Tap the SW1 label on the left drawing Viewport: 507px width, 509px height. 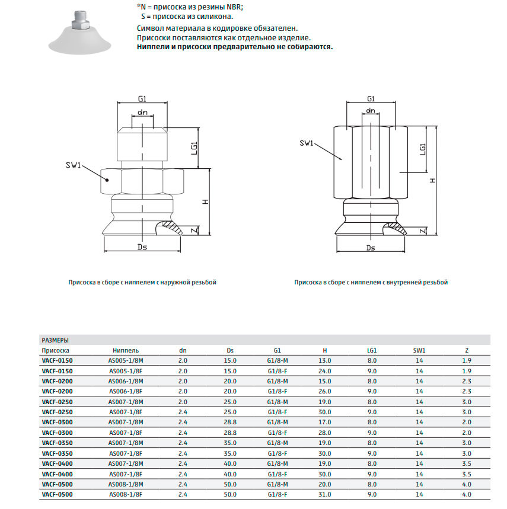[73, 165]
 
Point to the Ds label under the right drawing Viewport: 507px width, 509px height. [371, 248]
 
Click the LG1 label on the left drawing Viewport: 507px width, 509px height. [194, 148]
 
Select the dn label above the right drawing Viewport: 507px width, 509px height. [371, 110]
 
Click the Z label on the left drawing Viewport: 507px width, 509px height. [194, 231]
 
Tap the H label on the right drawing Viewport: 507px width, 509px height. [432, 181]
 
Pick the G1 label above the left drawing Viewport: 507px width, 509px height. [142, 99]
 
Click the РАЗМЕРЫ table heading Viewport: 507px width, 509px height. [55, 340]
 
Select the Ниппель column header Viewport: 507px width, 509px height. [126, 350]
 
